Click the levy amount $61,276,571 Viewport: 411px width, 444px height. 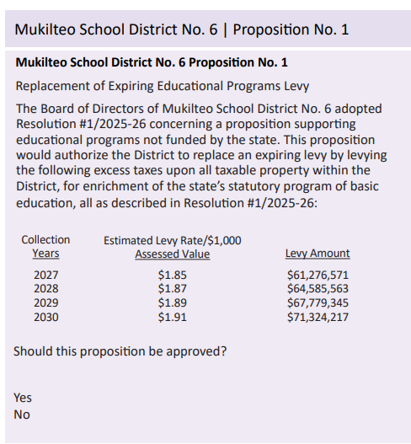[x=318, y=275]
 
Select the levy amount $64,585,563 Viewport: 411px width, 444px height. [x=318, y=289]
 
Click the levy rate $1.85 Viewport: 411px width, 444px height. [x=172, y=275]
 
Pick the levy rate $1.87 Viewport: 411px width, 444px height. [x=172, y=289]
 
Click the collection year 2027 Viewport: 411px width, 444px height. [x=46, y=275]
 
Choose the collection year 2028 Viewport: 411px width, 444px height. [x=46, y=289]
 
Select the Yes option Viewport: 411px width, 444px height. [x=23, y=397]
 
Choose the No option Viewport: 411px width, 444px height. [x=22, y=415]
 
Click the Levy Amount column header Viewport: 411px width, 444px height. [x=318, y=254]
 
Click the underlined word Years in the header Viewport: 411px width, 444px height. [x=45, y=254]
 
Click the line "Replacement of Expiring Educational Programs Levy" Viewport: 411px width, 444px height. [x=163, y=86]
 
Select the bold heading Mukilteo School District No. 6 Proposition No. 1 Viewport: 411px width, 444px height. [x=152, y=62]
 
